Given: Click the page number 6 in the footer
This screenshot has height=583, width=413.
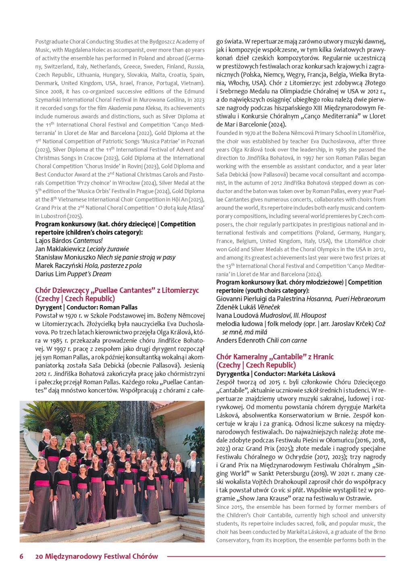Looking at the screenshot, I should click(x=21, y=556).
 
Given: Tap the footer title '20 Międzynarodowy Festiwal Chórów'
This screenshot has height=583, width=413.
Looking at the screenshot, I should click(x=97, y=556).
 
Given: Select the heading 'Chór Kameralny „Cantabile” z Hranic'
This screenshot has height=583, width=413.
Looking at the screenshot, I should click(x=275, y=357).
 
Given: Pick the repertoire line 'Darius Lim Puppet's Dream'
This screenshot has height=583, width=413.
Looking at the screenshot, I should click(x=73, y=274).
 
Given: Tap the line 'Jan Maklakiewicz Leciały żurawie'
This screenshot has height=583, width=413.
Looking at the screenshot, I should click(x=82, y=249).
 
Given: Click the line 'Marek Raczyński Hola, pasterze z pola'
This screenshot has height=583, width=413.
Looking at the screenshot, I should click(x=88, y=266).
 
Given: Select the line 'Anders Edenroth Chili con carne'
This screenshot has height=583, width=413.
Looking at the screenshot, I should click(x=261, y=340).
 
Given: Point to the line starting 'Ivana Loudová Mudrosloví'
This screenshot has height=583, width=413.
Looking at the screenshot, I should click(x=271, y=315).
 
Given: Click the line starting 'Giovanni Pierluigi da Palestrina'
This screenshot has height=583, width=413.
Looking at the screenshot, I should click(x=300, y=299).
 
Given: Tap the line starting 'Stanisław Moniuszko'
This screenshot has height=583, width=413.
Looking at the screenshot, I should click(x=105, y=257).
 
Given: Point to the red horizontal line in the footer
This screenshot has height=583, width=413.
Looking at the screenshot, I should click(x=276, y=556).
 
